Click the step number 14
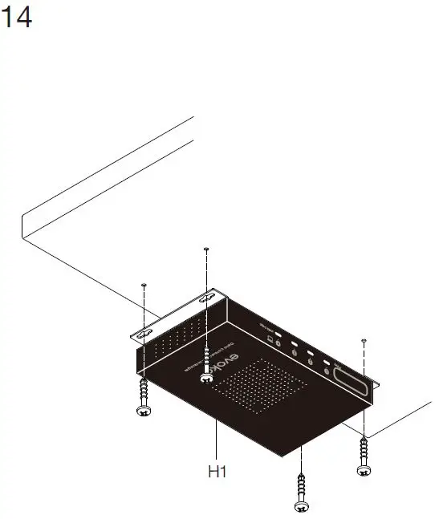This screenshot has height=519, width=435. point(18,17)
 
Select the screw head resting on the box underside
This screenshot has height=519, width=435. point(207,376)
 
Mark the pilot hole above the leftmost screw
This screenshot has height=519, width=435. point(144,285)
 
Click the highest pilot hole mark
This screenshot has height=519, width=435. point(206,249)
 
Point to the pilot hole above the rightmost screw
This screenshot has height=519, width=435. point(364,341)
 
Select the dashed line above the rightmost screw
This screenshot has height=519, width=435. point(364,385)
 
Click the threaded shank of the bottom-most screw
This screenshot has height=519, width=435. point(301,485)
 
